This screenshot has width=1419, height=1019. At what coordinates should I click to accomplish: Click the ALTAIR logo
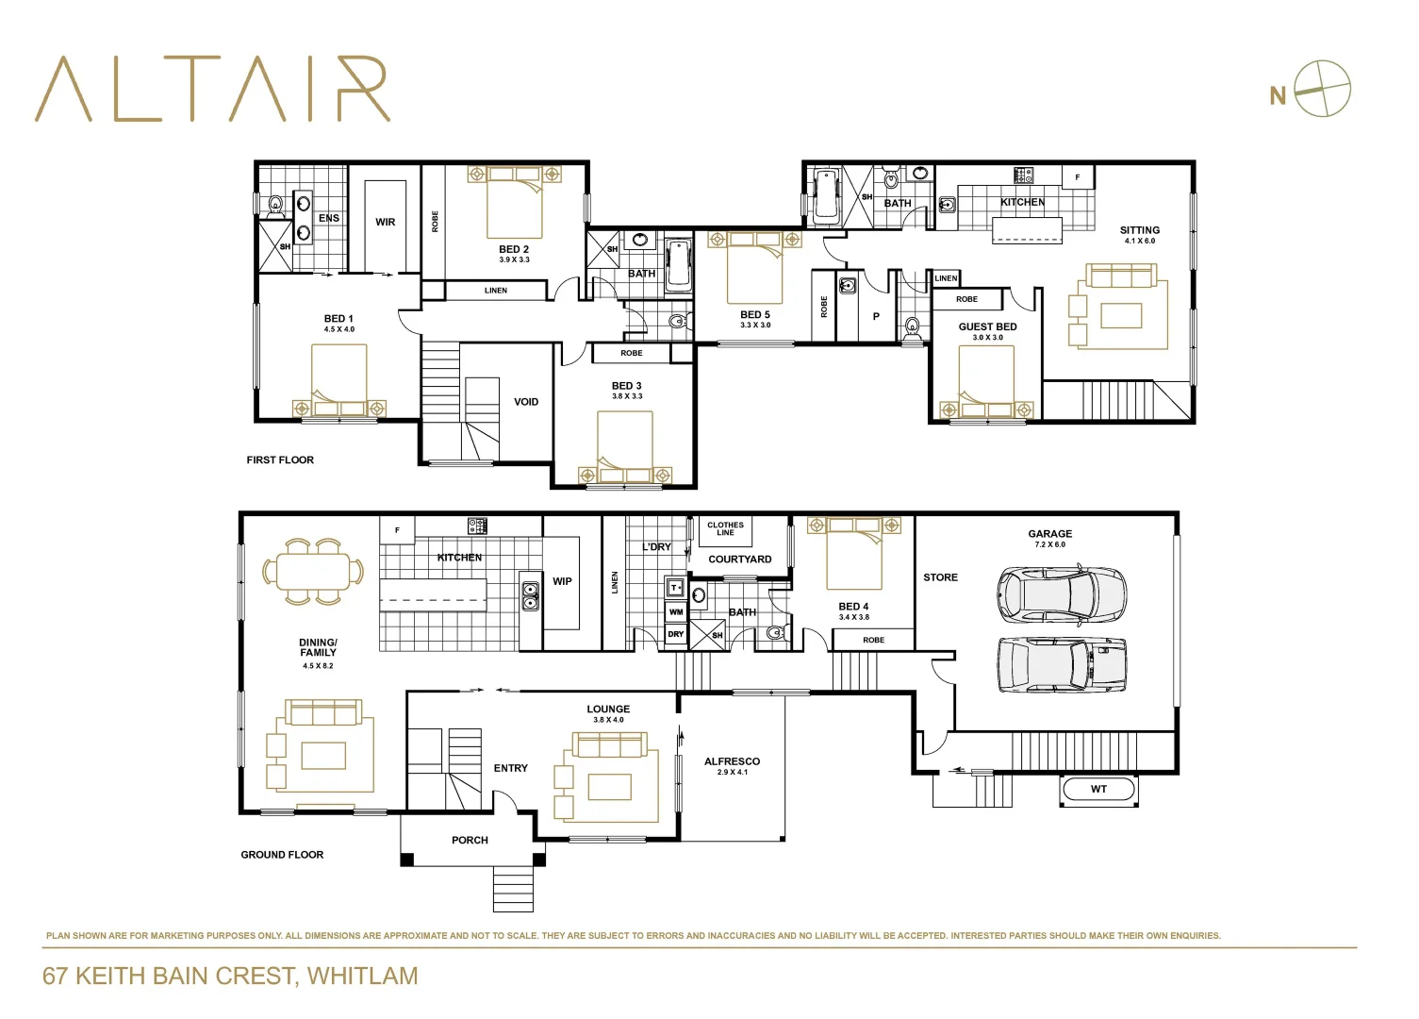click(x=212, y=90)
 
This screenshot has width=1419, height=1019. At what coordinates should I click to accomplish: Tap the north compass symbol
click(x=1322, y=90)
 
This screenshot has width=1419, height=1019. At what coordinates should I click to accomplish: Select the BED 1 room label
click(x=338, y=319)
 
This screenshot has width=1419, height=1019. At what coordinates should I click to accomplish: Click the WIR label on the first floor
click(x=386, y=223)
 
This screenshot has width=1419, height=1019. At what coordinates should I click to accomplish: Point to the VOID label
click(x=526, y=402)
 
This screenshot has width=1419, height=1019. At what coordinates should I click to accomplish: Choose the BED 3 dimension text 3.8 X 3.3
click(x=627, y=396)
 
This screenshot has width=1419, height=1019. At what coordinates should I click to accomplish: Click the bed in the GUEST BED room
click(x=986, y=382)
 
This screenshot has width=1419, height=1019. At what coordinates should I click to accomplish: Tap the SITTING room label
click(x=1139, y=230)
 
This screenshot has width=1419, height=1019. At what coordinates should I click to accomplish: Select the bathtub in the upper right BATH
click(x=826, y=196)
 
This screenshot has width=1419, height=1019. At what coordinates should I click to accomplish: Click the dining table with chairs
click(x=313, y=572)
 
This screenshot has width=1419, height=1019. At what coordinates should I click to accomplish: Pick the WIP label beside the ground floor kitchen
click(x=562, y=581)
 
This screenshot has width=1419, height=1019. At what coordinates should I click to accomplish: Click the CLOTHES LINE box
click(x=725, y=529)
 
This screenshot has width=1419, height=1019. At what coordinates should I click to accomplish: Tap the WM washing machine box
click(x=676, y=612)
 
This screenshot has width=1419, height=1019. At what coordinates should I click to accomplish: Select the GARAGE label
click(x=1049, y=534)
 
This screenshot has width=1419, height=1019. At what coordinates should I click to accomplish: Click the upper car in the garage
click(x=1061, y=594)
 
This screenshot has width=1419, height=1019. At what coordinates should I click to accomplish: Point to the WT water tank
click(x=1098, y=789)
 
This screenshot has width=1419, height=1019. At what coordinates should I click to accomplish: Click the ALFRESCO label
click(x=732, y=761)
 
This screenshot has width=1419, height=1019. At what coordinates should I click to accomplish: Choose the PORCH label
click(x=470, y=840)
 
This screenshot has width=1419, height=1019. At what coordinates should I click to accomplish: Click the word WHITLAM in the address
click(x=363, y=976)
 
